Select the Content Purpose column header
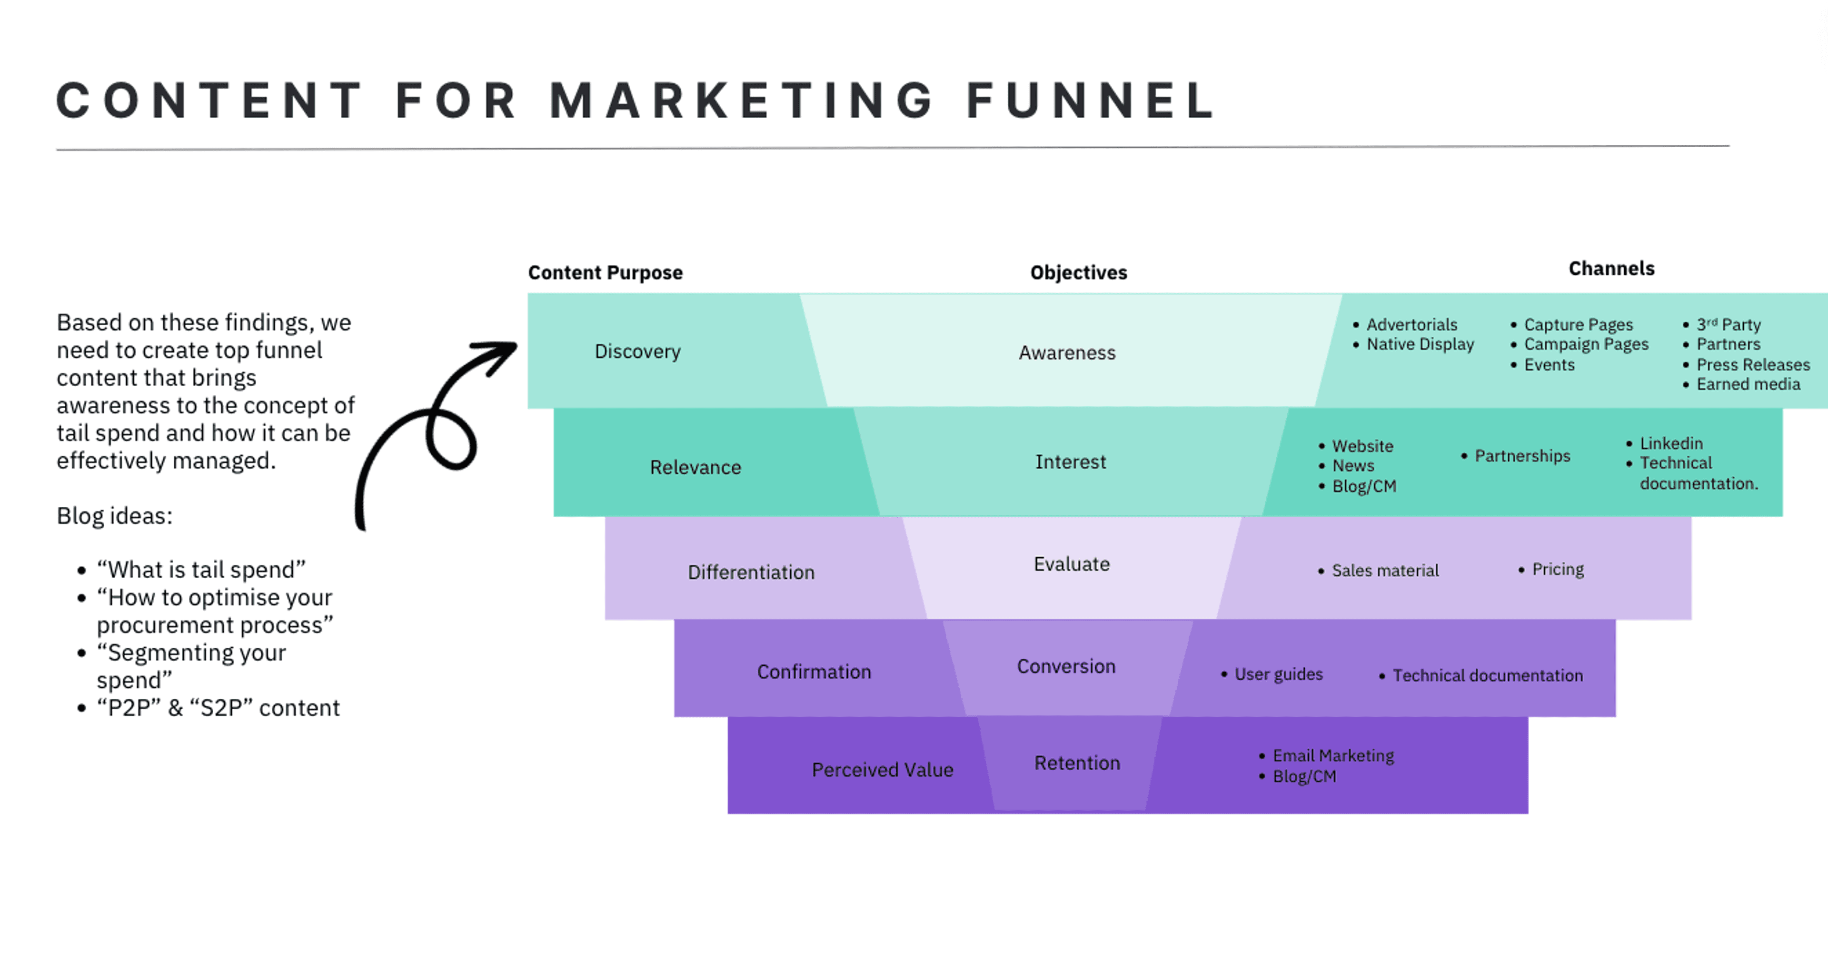606,272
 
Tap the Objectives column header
1079,272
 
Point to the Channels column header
1611,268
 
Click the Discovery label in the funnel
637,351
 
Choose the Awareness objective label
1067,353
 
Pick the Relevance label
695,467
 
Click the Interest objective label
1070,462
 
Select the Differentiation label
751,572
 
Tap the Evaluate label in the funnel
1072,564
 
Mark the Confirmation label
814,672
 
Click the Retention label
1077,763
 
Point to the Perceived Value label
882,770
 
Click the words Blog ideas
114,516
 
